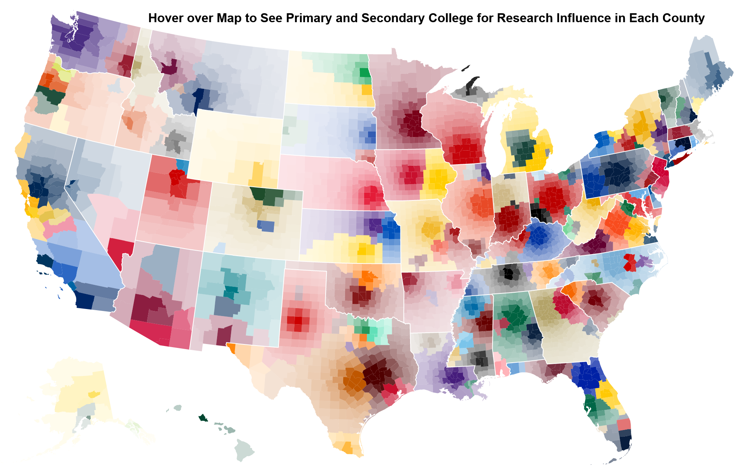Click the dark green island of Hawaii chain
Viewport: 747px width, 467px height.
(x=203, y=418)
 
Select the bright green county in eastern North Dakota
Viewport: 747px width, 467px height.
(x=365, y=72)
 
